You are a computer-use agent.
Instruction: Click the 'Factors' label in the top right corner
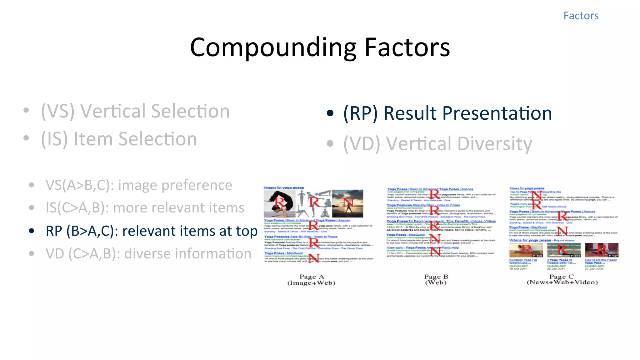[x=581, y=16]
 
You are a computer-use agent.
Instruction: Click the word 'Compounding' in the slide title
[x=273, y=47]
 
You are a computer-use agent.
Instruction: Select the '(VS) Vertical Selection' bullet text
[x=135, y=111]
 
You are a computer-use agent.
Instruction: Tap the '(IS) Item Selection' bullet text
[x=119, y=139]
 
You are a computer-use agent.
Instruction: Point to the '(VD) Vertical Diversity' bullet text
[x=437, y=144]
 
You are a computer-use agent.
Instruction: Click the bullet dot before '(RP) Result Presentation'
[x=330, y=113]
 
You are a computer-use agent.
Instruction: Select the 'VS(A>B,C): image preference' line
[x=139, y=185]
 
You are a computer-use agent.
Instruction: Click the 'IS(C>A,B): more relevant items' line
[x=145, y=208]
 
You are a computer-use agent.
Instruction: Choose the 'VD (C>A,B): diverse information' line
[x=148, y=254]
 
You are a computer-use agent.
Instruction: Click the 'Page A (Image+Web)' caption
[x=311, y=280]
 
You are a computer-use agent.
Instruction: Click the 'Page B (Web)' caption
[x=436, y=279]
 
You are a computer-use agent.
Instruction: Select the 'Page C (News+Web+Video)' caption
[x=562, y=279]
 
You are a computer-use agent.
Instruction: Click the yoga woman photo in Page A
[x=279, y=204]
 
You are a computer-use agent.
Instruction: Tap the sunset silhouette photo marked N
[x=347, y=204]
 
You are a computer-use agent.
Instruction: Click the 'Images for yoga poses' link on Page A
[x=283, y=187]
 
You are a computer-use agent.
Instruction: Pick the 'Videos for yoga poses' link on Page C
[x=530, y=240]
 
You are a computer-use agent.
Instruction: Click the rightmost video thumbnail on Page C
[x=601, y=250]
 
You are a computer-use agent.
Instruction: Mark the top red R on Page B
[x=434, y=194]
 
